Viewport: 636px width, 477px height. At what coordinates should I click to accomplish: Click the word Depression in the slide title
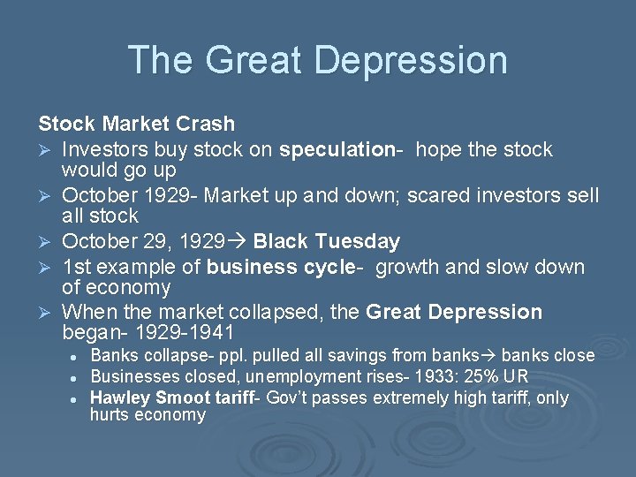pos(411,60)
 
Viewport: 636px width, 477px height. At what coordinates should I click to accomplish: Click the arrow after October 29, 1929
pos(239,241)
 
